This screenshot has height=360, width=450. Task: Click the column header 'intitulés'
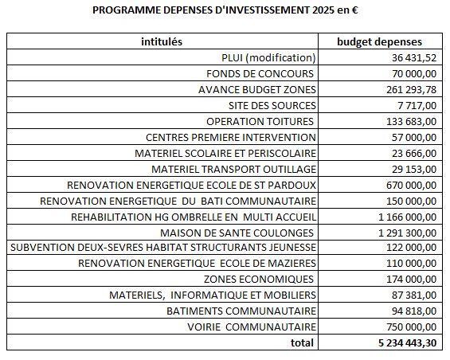(x=162, y=41)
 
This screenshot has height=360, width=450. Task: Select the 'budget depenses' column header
(x=379, y=42)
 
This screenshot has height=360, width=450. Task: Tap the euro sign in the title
(x=354, y=10)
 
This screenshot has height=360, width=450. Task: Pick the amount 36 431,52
(x=414, y=57)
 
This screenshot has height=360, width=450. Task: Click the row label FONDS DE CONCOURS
(x=260, y=74)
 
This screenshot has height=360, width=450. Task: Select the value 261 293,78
(x=411, y=89)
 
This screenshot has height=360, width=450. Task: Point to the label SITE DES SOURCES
(x=272, y=106)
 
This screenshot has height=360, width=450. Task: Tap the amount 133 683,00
(x=411, y=121)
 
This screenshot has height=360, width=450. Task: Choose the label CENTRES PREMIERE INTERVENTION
(x=231, y=138)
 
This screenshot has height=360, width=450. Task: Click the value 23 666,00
(x=414, y=153)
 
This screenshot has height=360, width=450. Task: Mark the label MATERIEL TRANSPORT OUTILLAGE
(x=233, y=170)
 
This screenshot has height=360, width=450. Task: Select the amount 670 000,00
(x=411, y=185)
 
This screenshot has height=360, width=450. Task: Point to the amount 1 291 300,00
(x=407, y=233)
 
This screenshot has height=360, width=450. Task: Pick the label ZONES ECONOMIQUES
(x=259, y=279)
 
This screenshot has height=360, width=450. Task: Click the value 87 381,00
(x=414, y=295)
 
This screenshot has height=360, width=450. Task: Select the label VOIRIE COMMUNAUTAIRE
(x=252, y=327)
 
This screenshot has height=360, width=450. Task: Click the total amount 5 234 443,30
(x=407, y=342)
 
